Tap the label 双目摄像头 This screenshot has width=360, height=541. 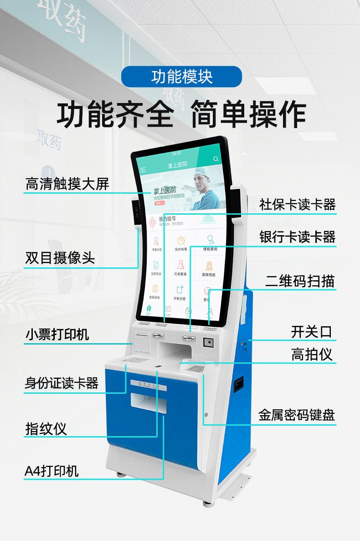[60, 258]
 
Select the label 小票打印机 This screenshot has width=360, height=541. [57, 335]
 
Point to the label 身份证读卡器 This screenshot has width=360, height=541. [61, 383]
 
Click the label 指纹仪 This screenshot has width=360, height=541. [46, 428]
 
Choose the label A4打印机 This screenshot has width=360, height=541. [51, 470]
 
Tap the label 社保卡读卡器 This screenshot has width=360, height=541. [297, 204]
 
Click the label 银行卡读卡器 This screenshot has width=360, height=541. [297, 237]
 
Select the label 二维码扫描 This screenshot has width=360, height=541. [300, 281]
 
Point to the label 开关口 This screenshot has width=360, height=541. [312, 332]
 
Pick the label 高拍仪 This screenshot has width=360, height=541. [312, 354]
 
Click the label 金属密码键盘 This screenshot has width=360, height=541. [297, 415]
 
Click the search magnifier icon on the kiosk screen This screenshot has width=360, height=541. [216, 159]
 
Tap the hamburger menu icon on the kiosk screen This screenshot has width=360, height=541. [143, 170]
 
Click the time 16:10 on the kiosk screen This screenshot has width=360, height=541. [176, 153]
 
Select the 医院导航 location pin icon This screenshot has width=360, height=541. [209, 266]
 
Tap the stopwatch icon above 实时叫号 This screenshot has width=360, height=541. [181, 240]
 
